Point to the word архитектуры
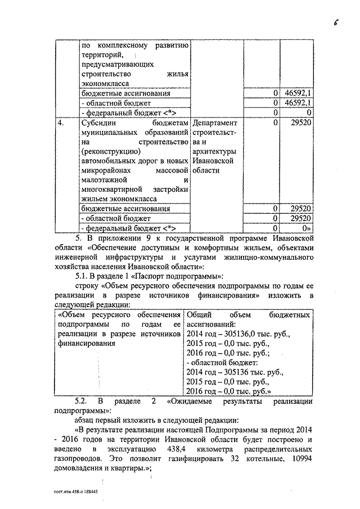click(x=214, y=152)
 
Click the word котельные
click(x=259, y=459)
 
